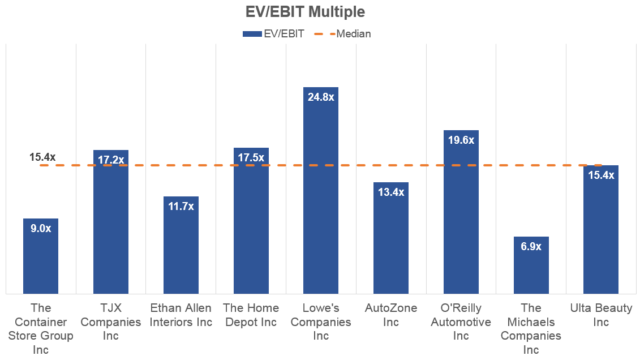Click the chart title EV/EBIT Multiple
[320, 11]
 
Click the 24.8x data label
[321, 97]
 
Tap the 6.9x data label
[531, 247]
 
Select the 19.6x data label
[461, 140]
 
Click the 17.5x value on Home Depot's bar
[251, 158]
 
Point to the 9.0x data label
[41, 229]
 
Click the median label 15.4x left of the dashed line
[42, 157]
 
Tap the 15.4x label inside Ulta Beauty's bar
[600, 175]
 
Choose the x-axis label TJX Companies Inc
[111, 322]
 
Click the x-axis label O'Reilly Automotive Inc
[461, 322]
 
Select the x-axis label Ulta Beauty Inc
[602, 315]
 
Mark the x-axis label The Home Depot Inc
[251, 315]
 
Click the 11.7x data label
[181, 207]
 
